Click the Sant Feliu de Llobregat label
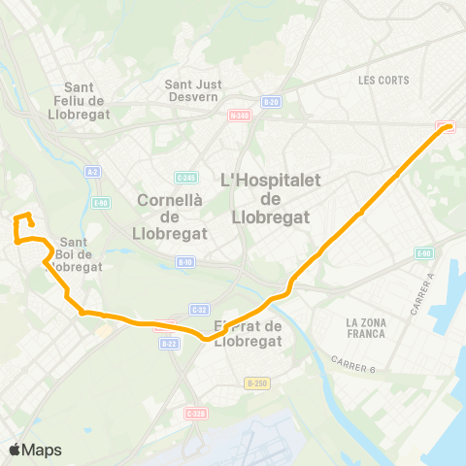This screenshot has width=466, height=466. pyautogui.click(x=83, y=98)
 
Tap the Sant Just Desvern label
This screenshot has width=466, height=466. pyautogui.click(x=194, y=90)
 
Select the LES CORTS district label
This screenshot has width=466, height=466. pyautogui.click(x=383, y=80)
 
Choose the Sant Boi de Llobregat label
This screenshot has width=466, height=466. pyautogui.click(x=81, y=254)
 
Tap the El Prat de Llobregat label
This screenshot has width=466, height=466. pyautogui.click(x=249, y=333)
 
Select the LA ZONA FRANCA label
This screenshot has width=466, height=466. pyautogui.click(x=365, y=327)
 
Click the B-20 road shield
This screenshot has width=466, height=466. pyautogui.click(x=271, y=101)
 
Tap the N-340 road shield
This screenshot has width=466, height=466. pyautogui.click(x=239, y=116)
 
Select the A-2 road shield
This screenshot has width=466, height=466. pyautogui.click(x=92, y=172)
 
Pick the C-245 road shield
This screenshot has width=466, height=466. pyautogui.click(x=186, y=177)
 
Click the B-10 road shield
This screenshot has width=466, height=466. pyautogui.click(x=184, y=261)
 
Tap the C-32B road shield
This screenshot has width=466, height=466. pyautogui.click(x=196, y=413)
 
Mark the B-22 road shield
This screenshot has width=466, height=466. pyautogui.click(x=169, y=343)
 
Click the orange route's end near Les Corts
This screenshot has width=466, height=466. pyautogui.click(x=448, y=127)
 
